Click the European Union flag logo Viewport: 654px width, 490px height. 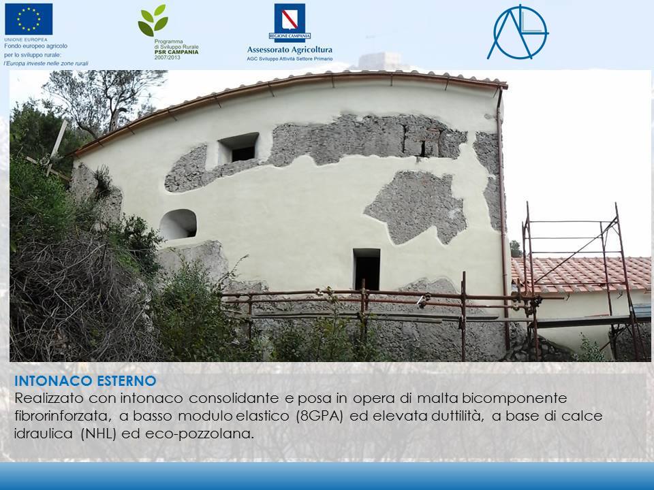point(29,18)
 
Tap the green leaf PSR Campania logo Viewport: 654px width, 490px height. point(153,21)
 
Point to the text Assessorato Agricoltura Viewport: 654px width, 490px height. point(290,50)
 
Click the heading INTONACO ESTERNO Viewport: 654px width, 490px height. point(85,380)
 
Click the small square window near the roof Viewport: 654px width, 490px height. point(239,148)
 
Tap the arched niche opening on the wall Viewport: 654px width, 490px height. point(178,224)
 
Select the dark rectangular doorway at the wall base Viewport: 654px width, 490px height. point(367,269)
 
